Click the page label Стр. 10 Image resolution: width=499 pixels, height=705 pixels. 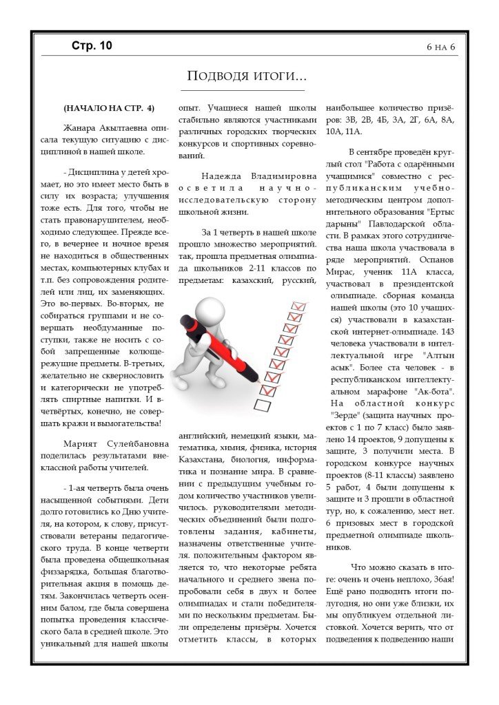(91, 46)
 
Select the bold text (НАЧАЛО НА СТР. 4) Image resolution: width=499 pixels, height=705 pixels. (109, 108)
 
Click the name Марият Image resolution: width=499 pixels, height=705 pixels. (81, 444)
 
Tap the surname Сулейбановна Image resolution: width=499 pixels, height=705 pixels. (134, 444)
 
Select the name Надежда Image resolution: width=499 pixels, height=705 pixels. (223, 175)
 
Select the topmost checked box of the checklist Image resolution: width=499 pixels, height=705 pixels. (299, 305)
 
